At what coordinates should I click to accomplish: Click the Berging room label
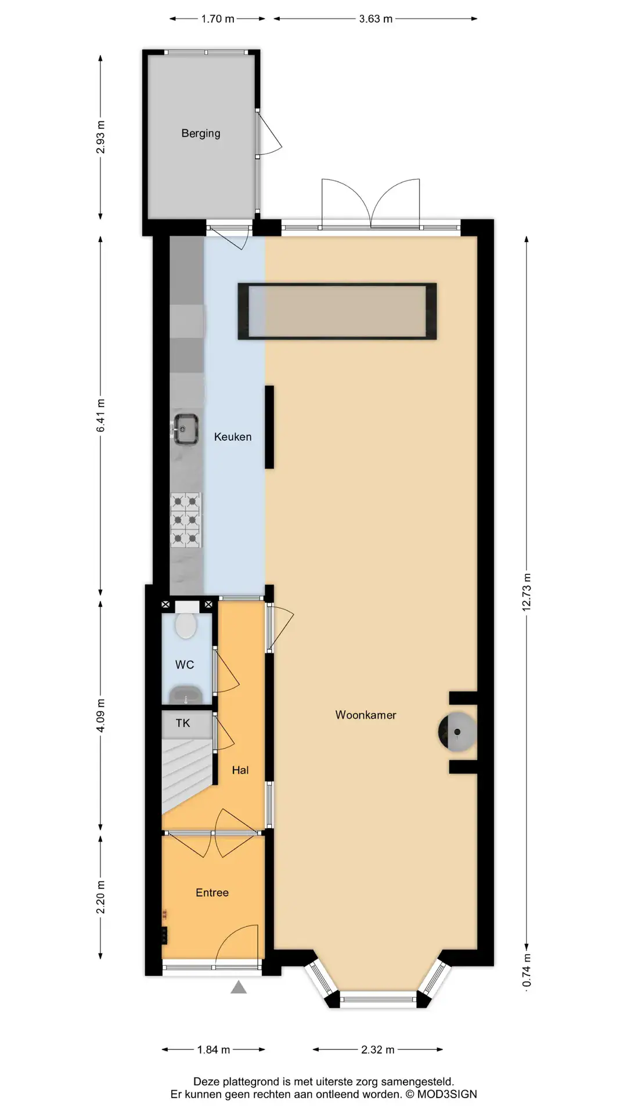pos(201,134)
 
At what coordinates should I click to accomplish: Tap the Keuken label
pos(233,437)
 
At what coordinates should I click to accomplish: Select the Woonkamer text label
pos(366,715)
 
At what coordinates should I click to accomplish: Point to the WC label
pos(185,665)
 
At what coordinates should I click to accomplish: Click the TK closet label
pos(183,723)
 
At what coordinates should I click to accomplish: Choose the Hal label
pos(240,770)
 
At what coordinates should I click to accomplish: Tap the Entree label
pos(212,893)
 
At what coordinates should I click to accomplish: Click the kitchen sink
pos(185,430)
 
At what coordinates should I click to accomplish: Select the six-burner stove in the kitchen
pos(186,520)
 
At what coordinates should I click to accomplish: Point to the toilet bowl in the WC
pos(186,624)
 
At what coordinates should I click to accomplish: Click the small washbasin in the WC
pos(185,695)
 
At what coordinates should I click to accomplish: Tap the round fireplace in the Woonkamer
pos(457,732)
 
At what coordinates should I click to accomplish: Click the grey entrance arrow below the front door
pos(239,987)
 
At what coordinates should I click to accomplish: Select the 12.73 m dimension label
pos(527,592)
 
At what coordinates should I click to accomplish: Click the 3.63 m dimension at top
pos(376,19)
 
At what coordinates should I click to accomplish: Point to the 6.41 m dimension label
pos(100,415)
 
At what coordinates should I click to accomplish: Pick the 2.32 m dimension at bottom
pos(377,1049)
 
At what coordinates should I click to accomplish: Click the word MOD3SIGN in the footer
pos(447,1094)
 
